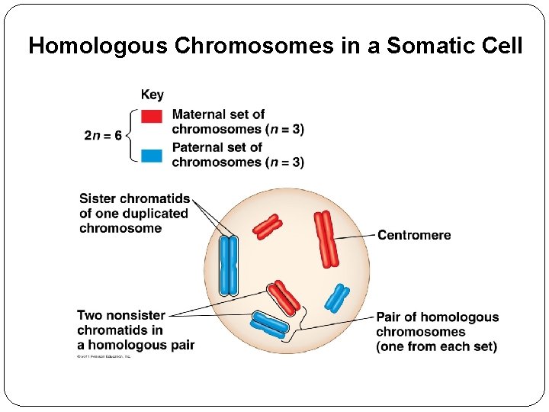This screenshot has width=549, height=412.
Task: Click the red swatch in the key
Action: (152, 116)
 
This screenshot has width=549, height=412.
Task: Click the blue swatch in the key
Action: (152, 155)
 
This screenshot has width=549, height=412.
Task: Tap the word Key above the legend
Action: (152, 95)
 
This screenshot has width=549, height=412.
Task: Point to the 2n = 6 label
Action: (102, 136)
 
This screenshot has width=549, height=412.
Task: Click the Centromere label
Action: (414, 235)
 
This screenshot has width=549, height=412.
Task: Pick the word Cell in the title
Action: (499, 46)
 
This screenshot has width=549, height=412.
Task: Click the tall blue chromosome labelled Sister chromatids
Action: (229, 266)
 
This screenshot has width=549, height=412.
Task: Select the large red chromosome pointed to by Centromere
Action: (326, 239)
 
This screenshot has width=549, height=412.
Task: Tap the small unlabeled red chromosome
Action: (268, 227)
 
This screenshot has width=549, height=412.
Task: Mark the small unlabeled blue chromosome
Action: (336, 298)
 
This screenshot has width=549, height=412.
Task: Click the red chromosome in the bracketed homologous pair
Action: (284, 298)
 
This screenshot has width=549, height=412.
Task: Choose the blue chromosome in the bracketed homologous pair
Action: (270, 324)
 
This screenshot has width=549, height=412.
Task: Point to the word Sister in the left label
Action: (98, 199)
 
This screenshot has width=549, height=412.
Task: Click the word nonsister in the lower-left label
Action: (135, 315)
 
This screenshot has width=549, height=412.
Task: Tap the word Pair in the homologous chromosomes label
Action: (390, 317)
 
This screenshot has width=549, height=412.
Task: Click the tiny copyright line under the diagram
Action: (104, 356)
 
